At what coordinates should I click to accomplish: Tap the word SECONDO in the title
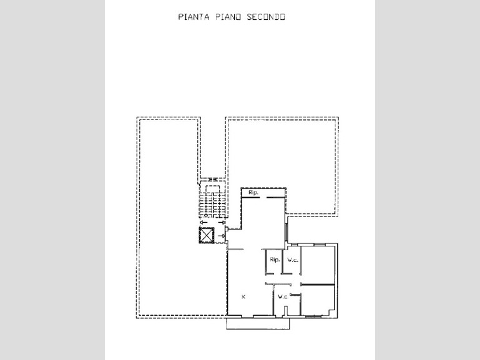click(266, 17)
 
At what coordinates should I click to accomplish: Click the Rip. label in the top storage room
click(253, 193)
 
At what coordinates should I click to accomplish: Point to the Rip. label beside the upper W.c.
click(275, 260)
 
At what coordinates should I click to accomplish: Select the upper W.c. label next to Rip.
click(293, 260)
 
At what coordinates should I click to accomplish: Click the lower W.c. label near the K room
click(283, 297)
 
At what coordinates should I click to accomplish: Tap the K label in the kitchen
click(243, 297)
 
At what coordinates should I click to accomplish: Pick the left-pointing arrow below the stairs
click(203, 222)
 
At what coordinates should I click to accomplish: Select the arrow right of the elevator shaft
click(222, 236)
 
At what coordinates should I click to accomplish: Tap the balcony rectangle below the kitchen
click(258, 324)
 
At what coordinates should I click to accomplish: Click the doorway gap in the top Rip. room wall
click(263, 198)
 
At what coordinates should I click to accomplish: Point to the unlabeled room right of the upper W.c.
click(318, 265)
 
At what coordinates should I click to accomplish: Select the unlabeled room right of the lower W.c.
click(318, 300)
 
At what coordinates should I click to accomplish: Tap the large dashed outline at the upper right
click(338, 167)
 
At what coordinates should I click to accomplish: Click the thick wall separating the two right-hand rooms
click(318, 285)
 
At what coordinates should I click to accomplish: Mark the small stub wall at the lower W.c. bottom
click(286, 311)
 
